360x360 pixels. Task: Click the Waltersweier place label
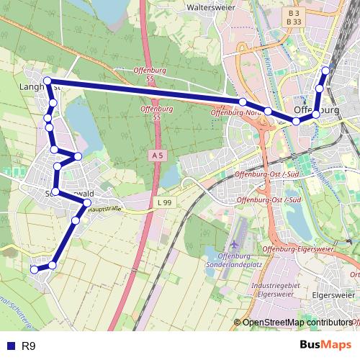[212, 6]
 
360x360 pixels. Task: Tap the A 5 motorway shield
[158, 156]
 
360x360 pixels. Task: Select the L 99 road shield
[164, 204]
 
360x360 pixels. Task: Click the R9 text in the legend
[29, 346]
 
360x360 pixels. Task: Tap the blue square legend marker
[9, 346]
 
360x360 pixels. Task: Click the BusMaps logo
[326, 346]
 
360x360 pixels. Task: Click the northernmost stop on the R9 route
[326, 71]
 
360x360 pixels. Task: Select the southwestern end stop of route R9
[34, 269]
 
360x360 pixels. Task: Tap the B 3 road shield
[292, 13]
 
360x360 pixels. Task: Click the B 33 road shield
[292, 22]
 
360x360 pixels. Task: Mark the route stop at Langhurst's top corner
[48, 81]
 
